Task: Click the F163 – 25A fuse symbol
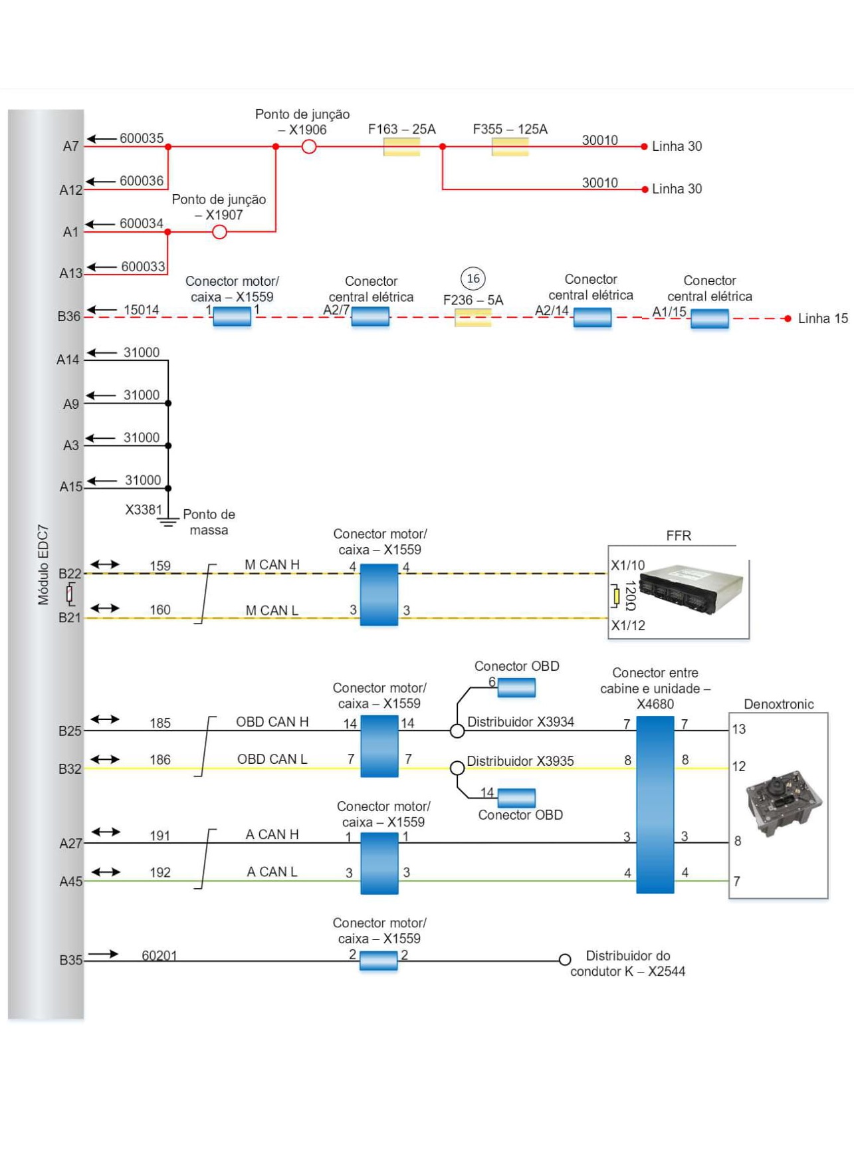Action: click(x=401, y=147)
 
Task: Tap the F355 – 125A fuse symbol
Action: click(x=510, y=147)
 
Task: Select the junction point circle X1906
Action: click(x=309, y=147)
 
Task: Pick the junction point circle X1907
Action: click(x=219, y=232)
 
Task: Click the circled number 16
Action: click(x=473, y=279)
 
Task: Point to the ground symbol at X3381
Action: click(x=168, y=521)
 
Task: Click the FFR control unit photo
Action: click(x=691, y=589)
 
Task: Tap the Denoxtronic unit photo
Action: click(x=778, y=803)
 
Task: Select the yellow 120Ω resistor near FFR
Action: click(x=617, y=596)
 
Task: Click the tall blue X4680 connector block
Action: click(x=655, y=804)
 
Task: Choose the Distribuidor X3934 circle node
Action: click(x=457, y=731)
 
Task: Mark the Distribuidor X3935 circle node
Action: click(x=457, y=768)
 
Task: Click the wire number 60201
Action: click(x=160, y=955)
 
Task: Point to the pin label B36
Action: click(x=68, y=316)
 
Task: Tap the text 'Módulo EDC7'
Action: click(x=43, y=564)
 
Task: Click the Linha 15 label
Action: click(x=822, y=318)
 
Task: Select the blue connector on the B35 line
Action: click(x=378, y=961)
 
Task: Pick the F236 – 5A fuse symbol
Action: click(x=473, y=318)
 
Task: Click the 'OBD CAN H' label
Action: click(x=272, y=722)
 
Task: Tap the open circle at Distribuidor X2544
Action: click(x=565, y=960)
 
